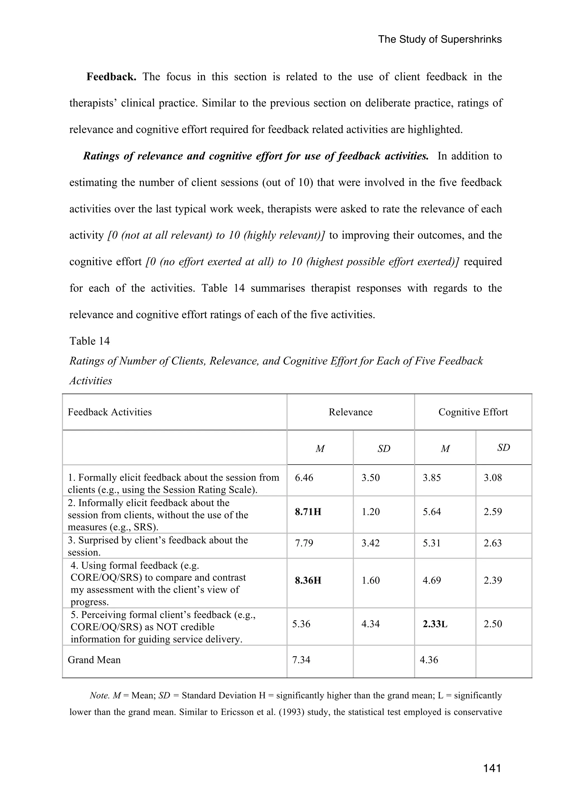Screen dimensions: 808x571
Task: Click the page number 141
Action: (492, 768)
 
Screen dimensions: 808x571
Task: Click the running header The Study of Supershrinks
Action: (440, 39)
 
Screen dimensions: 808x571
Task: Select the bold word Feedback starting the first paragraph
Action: (111, 77)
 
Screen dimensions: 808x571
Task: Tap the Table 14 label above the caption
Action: (89, 341)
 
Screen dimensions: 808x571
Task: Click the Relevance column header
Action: (350, 412)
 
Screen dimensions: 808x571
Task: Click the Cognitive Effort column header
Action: (473, 412)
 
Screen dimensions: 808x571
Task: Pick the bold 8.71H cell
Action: (308, 512)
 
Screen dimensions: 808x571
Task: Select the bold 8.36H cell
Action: (308, 580)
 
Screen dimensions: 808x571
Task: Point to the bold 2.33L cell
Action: (435, 624)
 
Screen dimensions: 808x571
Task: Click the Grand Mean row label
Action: (94, 660)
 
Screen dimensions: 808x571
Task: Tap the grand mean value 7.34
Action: (301, 660)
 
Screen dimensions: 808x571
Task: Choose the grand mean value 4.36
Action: (429, 660)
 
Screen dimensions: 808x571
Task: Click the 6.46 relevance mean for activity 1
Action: (304, 478)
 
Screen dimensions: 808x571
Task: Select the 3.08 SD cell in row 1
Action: (493, 478)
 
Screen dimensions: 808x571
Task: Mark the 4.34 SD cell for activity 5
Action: (371, 624)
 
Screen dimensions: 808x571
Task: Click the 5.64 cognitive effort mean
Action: (432, 512)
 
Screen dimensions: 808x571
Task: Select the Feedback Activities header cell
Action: (110, 412)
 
